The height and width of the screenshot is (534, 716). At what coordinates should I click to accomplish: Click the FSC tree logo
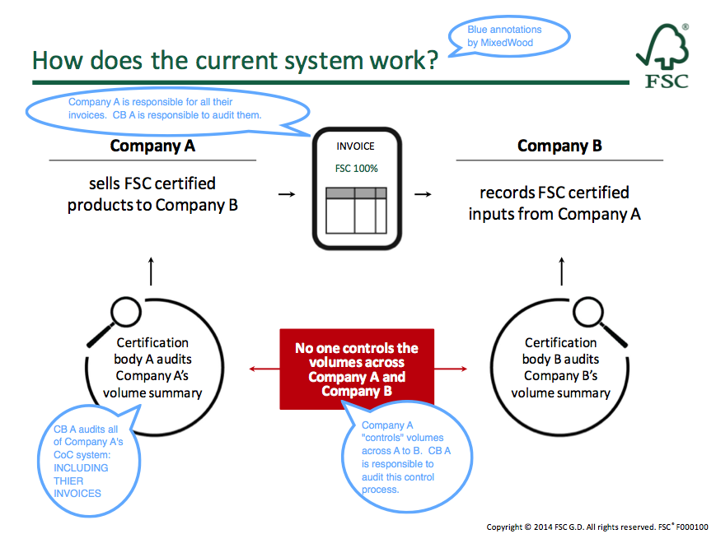tap(663, 56)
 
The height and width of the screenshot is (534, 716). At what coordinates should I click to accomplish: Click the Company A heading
tap(152, 146)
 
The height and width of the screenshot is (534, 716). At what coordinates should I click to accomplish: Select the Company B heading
tap(559, 146)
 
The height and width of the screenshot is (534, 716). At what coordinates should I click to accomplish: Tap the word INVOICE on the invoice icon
tap(355, 146)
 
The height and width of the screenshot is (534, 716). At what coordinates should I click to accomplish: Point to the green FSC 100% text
tap(357, 169)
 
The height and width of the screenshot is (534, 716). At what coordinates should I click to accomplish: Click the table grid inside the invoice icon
tap(356, 210)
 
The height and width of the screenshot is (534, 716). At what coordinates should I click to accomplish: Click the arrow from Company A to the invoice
tap(287, 194)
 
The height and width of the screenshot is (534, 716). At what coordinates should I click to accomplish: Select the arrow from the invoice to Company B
tap(423, 194)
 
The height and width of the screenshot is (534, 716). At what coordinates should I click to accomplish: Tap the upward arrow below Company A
tap(151, 272)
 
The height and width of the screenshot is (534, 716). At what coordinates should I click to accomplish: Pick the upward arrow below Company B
tap(562, 272)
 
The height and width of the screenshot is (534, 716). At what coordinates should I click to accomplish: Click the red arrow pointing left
tap(264, 369)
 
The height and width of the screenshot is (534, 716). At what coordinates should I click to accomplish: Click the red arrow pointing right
tap(451, 369)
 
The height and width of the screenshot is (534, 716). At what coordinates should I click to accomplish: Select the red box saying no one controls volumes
tap(357, 369)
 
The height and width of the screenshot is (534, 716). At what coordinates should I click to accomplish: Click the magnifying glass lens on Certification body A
tap(126, 312)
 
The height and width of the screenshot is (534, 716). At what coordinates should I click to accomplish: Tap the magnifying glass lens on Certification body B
tap(588, 312)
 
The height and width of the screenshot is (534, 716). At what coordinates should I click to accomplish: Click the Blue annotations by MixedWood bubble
tap(508, 36)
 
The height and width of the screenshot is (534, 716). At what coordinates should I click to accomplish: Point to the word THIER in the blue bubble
tap(68, 481)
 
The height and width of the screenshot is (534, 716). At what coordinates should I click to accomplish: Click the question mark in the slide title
tap(431, 61)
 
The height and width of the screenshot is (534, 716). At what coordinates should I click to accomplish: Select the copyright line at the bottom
tap(597, 527)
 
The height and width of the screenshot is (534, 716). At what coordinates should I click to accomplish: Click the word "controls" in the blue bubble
tap(381, 438)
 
